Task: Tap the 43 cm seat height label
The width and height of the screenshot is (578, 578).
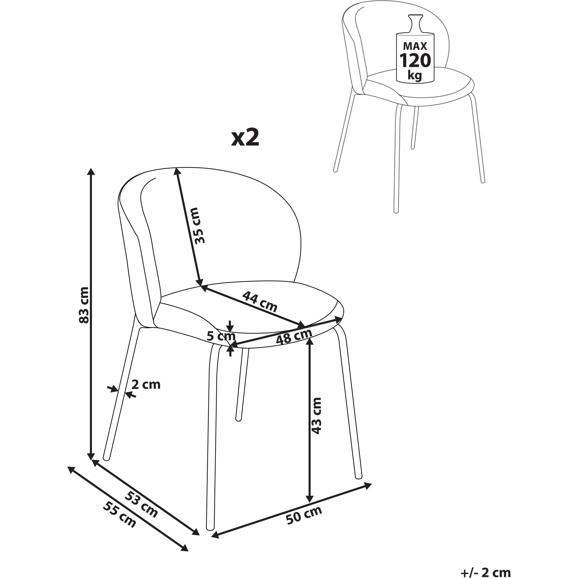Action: pos(316,416)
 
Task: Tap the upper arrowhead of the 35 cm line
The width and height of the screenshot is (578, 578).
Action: pos(177,172)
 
